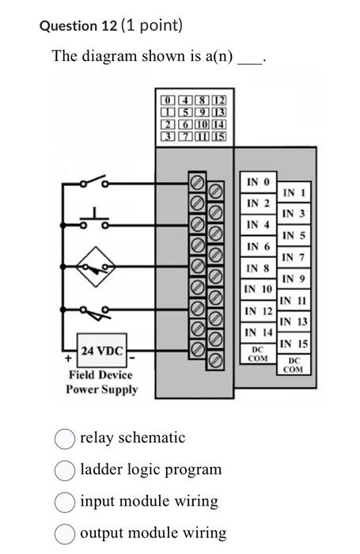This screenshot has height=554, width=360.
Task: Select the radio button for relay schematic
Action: (66, 438)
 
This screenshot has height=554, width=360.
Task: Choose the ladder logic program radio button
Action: (66, 469)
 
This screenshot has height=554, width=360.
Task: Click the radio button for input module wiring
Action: (66, 501)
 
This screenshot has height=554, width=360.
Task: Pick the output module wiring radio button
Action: (66, 533)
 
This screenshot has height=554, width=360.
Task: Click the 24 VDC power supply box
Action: (102, 351)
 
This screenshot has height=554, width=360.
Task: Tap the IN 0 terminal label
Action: (258, 183)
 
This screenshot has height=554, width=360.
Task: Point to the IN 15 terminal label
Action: (292, 343)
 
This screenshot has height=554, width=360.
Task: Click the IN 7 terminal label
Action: (292, 257)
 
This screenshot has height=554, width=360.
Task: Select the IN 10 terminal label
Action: (258, 289)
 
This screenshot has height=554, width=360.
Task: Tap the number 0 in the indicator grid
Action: (167, 101)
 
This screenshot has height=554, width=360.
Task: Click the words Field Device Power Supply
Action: (102, 381)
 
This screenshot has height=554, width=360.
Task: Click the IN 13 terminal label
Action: (292, 321)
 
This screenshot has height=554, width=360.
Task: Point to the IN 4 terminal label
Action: (258, 226)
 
